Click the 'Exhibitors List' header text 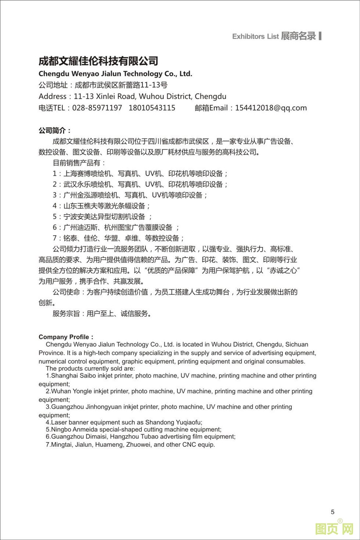(x=255, y=36)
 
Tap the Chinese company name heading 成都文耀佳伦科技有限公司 (x=98, y=61)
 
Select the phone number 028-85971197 (x=97, y=108)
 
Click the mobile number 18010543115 (x=152, y=108)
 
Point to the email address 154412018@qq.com (x=271, y=108)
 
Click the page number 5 (x=333, y=512)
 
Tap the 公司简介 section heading (x=55, y=130)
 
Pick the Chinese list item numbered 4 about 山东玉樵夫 (x=101, y=206)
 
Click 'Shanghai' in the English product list (x=64, y=376)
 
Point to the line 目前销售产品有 (x=79, y=163)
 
